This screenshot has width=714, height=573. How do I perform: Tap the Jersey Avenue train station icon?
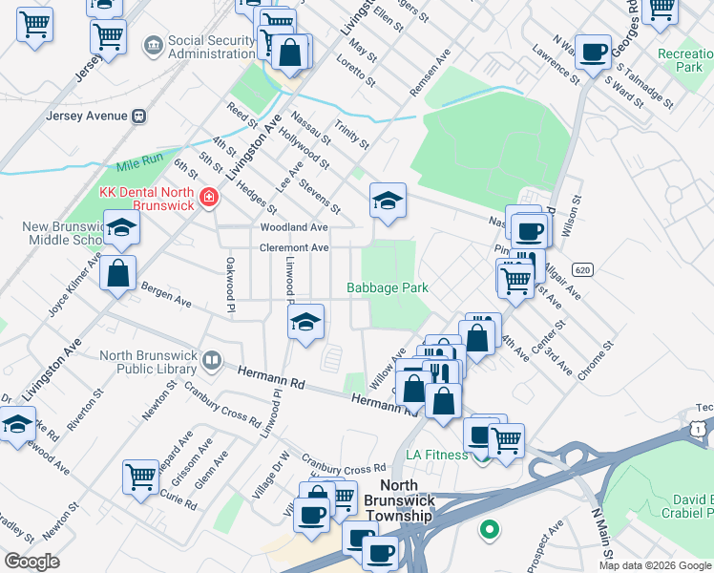coord(138,116)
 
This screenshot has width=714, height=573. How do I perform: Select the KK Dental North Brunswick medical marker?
coord(209,198)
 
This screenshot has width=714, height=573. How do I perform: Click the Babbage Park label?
coord(387,287)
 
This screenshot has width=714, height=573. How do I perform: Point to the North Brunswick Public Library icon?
coord(212,362)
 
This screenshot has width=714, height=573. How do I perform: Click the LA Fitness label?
coord(438,455)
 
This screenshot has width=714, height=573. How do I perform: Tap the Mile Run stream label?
coord(140,161)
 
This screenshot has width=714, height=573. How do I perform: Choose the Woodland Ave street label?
coord(294,227)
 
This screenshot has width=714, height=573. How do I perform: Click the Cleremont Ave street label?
coord(295,247)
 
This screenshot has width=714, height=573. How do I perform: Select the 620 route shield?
coord(584,271)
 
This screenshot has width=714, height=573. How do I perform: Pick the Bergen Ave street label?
coord(166,293)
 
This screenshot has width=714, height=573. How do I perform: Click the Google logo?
coord(32,562)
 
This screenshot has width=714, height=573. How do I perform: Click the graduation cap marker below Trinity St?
coord(388,202)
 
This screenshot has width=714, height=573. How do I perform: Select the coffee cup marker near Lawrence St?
coord(593,53)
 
